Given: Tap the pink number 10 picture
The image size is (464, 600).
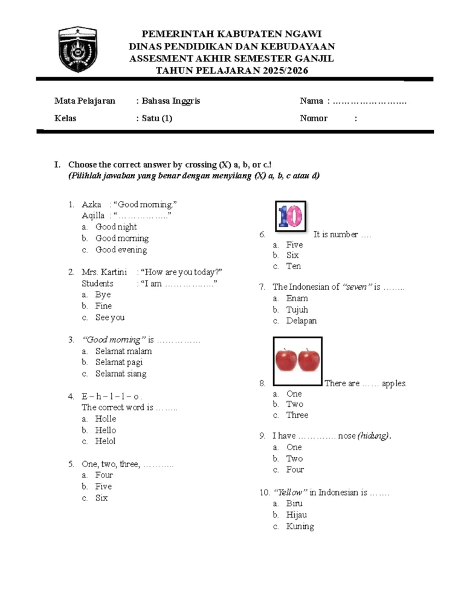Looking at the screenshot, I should (x=291, y=216).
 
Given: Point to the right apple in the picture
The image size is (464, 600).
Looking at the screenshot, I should (x=309, y=360).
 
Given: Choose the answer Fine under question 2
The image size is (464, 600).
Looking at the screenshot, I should (x=104, y=306).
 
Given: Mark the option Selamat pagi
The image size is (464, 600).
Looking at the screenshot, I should (x=119, y=362).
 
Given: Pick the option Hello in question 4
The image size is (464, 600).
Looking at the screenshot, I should (x=106, y=430).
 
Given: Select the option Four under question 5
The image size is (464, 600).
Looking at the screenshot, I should (x=104, y=475).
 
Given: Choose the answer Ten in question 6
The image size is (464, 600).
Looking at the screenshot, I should (x=294, y=266).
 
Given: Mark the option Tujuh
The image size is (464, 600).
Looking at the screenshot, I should (x=297, y=310).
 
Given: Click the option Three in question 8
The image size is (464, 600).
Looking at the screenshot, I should (x=297, y=415).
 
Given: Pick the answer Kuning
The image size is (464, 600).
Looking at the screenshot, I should (x=300, y=526).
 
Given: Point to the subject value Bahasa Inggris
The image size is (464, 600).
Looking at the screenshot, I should (x=171, y=101).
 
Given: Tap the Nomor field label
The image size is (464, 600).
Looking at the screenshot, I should (x=314, y=118).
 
